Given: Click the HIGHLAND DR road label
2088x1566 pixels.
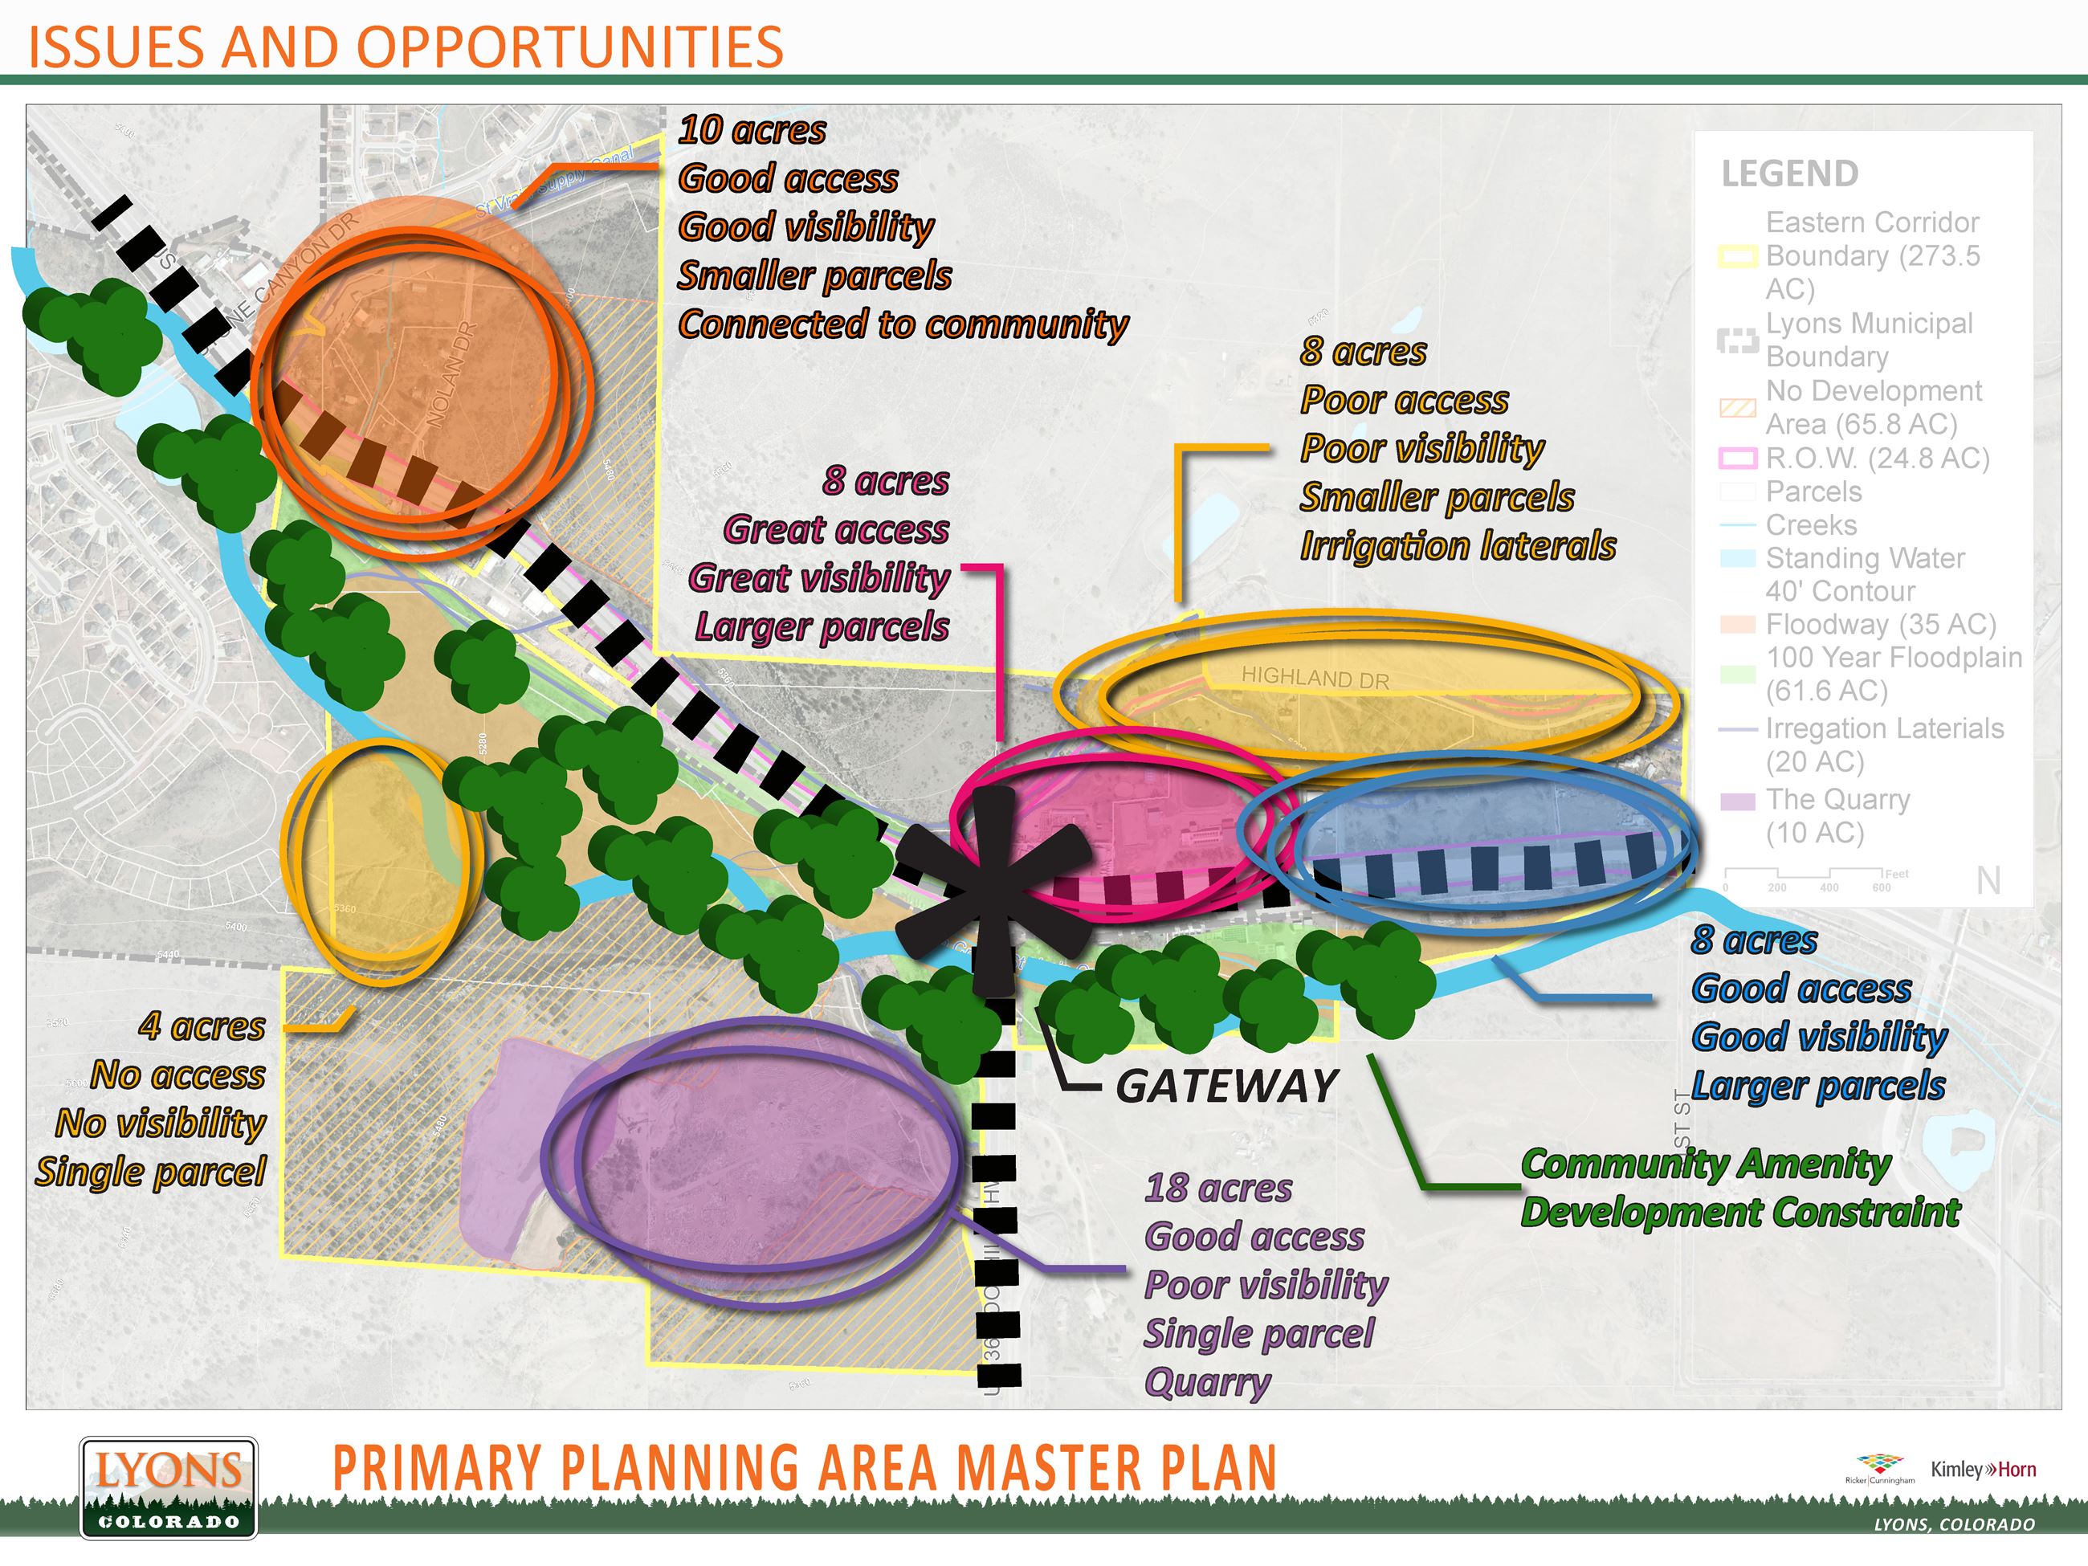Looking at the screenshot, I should pos(1315,678).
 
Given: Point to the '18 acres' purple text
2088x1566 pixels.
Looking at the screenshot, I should pos(1217,1189).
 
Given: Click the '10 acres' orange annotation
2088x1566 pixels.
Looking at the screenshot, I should pos(752,130).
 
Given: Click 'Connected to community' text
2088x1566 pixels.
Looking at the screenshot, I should pos(903,324).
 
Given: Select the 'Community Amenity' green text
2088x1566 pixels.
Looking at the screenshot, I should pos(1706,1164).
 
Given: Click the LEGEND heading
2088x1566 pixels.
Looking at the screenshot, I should pos(1790,173).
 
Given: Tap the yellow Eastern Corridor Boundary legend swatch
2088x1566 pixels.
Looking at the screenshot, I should pos(1738,256).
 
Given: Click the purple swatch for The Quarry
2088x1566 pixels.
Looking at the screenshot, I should pos(1738,801).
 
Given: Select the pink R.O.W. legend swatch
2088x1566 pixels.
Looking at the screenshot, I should pos(1738,459).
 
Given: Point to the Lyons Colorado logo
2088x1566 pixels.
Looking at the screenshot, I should pos(168,1487).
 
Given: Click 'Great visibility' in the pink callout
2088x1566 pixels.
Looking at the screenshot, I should pos(818,577).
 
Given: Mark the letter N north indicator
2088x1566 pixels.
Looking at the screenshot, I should pos(1988,881).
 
